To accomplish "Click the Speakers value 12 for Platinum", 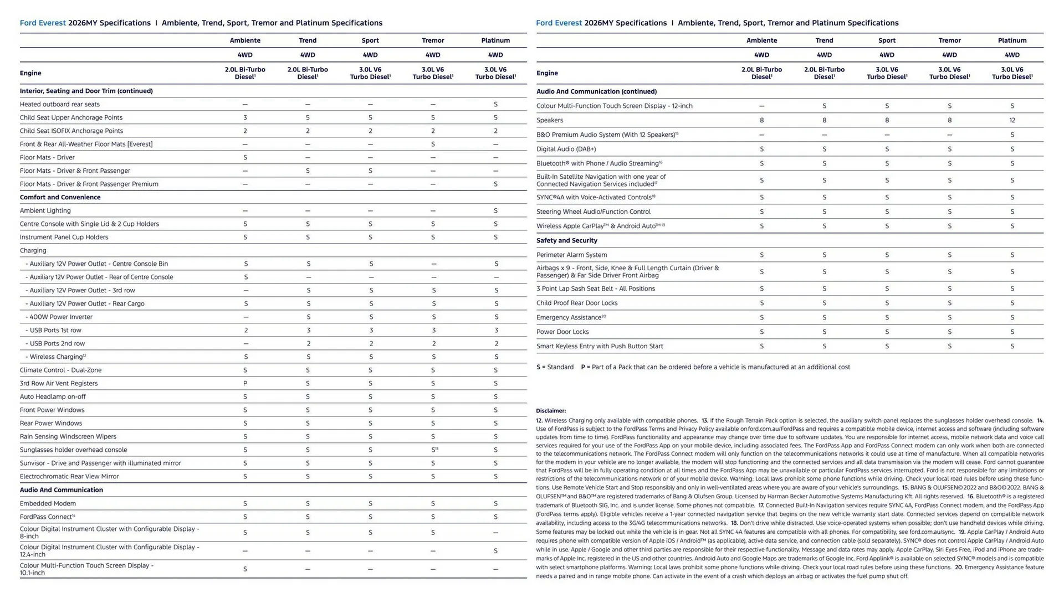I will click(1012, 120).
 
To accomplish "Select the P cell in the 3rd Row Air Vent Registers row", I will click(245, 383).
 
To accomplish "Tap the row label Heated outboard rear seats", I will click(60, 104).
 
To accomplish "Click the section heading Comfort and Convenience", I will click(60, 197).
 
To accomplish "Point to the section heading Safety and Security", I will click(566, 240).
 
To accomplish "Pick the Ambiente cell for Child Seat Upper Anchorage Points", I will click(245, 117).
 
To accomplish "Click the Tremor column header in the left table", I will click(433, 40).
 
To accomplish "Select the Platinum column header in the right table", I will click(1012, 40).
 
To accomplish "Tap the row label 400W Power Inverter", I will click(61, 317).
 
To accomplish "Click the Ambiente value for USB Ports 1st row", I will click(245, 330).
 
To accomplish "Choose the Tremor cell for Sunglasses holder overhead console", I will click(434, 450).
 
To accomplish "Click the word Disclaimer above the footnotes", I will click(551, 411).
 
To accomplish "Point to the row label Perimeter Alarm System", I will click(571, 255).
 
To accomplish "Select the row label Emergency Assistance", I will click(570, 317).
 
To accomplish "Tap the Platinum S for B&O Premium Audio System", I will click(1012, 135).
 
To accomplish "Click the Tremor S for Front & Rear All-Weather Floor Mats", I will click(433, 144).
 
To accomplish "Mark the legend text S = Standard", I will click(555, 367).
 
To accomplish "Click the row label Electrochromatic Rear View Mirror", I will click(69, 476).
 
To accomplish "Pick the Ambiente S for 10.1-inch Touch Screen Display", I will click(245, 569).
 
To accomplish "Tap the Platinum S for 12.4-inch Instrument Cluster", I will click(495, 550).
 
